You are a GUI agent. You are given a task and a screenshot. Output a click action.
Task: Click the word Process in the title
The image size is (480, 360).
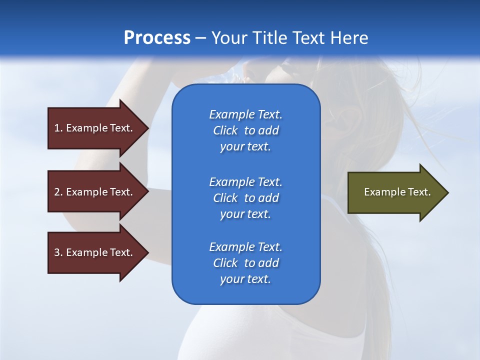157,38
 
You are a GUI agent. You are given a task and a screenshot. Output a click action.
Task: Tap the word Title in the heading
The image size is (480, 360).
269,38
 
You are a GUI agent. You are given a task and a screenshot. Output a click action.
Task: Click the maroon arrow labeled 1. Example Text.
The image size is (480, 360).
98,128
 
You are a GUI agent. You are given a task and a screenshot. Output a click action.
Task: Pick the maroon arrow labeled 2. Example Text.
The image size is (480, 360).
98,191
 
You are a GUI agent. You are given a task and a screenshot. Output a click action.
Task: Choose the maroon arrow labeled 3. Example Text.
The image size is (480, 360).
98,252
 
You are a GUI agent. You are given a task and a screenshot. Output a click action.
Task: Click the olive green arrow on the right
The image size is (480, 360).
398,192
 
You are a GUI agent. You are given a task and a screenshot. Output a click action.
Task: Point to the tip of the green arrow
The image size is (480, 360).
448,192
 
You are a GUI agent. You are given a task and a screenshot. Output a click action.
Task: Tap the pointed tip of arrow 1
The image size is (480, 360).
149,128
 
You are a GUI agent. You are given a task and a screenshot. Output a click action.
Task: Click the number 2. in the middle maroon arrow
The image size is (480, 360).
58,192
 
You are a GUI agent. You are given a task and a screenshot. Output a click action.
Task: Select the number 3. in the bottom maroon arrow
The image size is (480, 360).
58,252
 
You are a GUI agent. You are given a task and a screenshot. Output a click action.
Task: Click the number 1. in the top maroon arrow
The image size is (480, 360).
58,128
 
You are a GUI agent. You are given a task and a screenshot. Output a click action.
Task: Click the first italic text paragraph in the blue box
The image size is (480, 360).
246,130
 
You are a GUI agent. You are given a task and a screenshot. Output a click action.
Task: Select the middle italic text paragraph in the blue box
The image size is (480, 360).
246,198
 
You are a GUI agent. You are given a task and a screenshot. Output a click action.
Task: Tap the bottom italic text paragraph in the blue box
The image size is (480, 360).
246,263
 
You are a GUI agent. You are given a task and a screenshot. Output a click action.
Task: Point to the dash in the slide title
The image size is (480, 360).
201,39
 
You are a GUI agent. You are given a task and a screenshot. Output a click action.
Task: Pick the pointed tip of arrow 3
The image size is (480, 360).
149,252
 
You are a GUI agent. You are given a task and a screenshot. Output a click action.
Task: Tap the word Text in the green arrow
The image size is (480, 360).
419,192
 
